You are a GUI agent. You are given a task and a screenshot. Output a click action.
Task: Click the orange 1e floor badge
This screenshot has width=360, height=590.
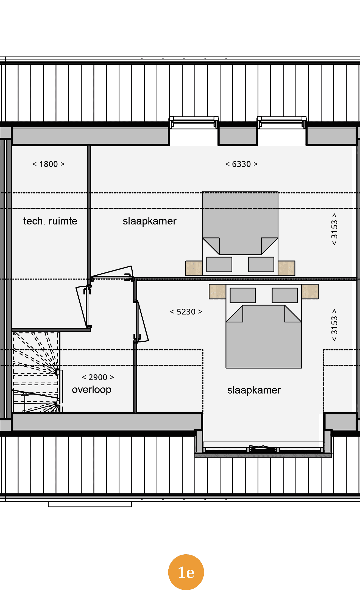(x=186, y=572)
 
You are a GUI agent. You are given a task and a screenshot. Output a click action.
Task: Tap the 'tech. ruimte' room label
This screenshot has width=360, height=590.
(x=50, y=221)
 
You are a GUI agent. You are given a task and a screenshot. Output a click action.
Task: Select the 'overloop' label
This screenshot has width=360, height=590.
(x=92, y=390)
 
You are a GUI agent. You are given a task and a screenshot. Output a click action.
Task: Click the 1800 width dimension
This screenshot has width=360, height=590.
(x=49, y=164)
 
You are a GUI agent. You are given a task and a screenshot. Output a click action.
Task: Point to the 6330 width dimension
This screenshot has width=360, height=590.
(x=241, y=164)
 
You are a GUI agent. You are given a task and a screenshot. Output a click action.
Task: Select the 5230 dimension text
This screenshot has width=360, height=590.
(x=186, y=312)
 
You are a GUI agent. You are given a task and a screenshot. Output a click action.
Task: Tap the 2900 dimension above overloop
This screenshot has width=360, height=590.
(x=98, y=377)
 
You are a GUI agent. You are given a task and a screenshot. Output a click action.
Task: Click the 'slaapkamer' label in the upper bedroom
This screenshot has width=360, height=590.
(x=149, y=221)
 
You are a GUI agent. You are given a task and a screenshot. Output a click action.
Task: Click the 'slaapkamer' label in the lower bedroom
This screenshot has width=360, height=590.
(x=254, y=390)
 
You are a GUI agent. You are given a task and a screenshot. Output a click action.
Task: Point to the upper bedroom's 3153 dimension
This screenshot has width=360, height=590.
(x=334, y=229)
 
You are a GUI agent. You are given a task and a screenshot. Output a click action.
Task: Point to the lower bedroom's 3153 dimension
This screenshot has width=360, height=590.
(x=334, y=325)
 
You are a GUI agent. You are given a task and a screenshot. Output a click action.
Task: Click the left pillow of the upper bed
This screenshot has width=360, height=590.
(x=219, y=264)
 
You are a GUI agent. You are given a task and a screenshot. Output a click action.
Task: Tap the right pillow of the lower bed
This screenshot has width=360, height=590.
(x=284, y=295)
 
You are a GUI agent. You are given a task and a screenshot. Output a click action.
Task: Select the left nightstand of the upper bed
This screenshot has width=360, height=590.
(x=194, y=268)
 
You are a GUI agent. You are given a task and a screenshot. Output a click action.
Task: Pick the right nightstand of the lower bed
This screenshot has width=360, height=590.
(x=310, y=291)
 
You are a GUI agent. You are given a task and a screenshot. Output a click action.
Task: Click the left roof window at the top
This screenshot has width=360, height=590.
(x=194, y=122)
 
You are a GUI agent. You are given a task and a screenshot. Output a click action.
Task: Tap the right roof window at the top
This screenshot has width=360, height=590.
(x=282, y=122)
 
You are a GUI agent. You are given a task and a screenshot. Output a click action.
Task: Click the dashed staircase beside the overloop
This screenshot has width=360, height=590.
(x=36, y=372)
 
